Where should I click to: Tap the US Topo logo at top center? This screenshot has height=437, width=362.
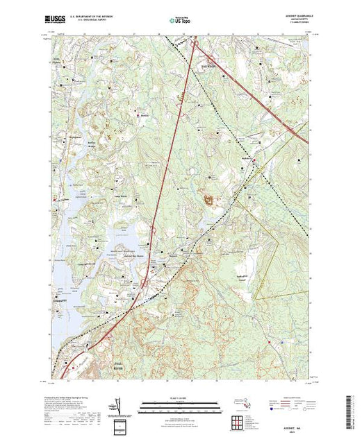[x=180, y=21]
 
